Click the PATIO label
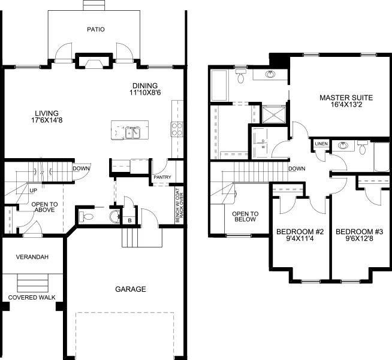(x=96, y=29)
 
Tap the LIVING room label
(x=47, y=113)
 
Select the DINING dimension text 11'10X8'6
(x=145, y=93)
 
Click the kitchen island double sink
(x=132, y=132)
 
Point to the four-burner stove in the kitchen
(x=177, y=129)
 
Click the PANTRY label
(x=162, y=177)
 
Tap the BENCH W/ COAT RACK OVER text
(x=179, y=205)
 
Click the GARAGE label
(x=131, y=289)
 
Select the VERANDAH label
(x=32, y=257)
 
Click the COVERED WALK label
(x=32, y=297)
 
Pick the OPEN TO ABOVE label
(x=44, y=207)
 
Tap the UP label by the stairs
(x=33, y=190)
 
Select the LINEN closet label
(x=321, y=144)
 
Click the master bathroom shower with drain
(x=274, y=114)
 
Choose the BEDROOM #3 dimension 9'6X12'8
(x=359, y=238)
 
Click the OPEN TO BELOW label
(x=245, y=217)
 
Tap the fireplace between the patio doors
(x=94, y=61)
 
